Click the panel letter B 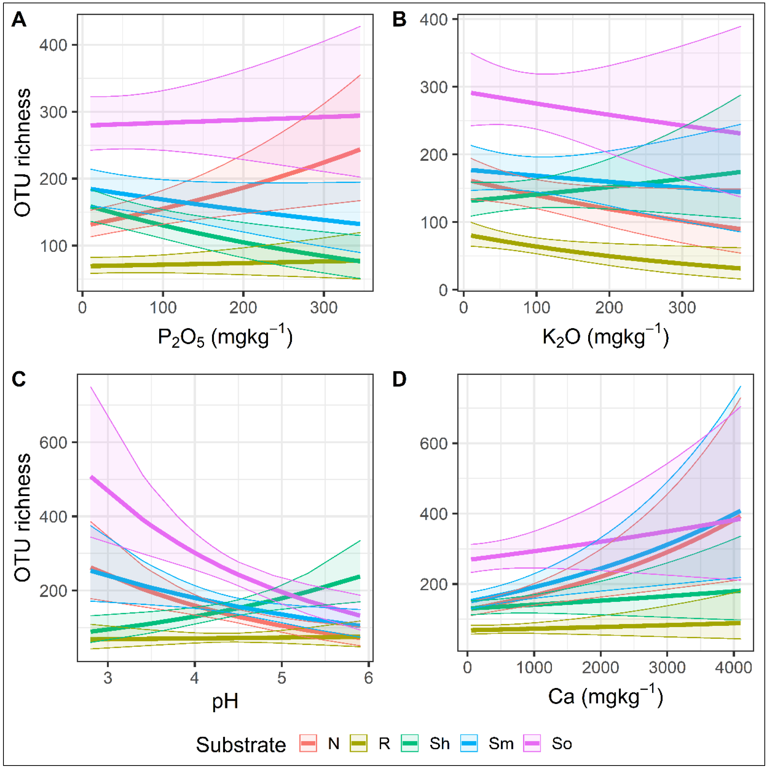[x=399, y=19]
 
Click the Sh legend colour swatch [x=410, y=743]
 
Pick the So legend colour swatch [x=532, y=743]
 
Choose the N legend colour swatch [x=308, y=743]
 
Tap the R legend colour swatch [x=359, y=743]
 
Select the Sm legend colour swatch [x=469, y=743]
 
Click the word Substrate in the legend [x=241, y=744]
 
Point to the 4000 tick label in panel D [x=733, y=667]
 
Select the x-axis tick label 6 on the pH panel [x=368, y=678]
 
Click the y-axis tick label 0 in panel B [x=443, y=290]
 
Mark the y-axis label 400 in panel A [x=53, y=45]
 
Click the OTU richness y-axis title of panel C [x=23, y=517]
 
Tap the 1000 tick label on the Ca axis [x=534, y=667]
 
